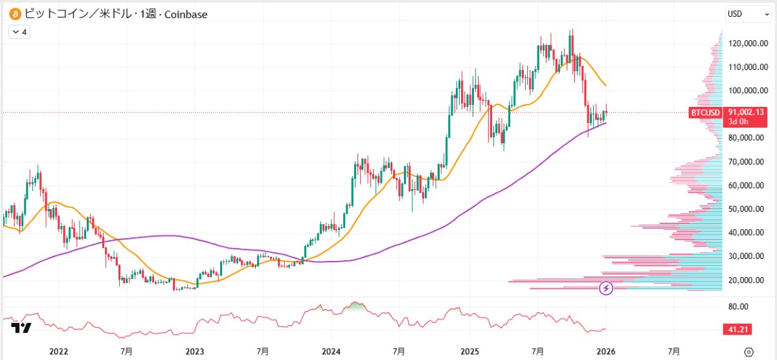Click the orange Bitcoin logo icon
coord(14,14)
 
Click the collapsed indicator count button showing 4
coord(20,31)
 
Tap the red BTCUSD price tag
coord(705,113)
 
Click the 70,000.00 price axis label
coord(743,161)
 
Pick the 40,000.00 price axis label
coord(743,232)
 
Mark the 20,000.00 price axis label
coord(743,280)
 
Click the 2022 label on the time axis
coord(58,351)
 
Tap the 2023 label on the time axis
coord(195,351)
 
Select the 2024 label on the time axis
coord(331,351)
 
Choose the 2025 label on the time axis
coord(468,351)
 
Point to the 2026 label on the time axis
coord(605,351)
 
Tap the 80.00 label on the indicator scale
coord(738,306)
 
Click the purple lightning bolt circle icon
coord(607,288)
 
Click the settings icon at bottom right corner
coord(749,352)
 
